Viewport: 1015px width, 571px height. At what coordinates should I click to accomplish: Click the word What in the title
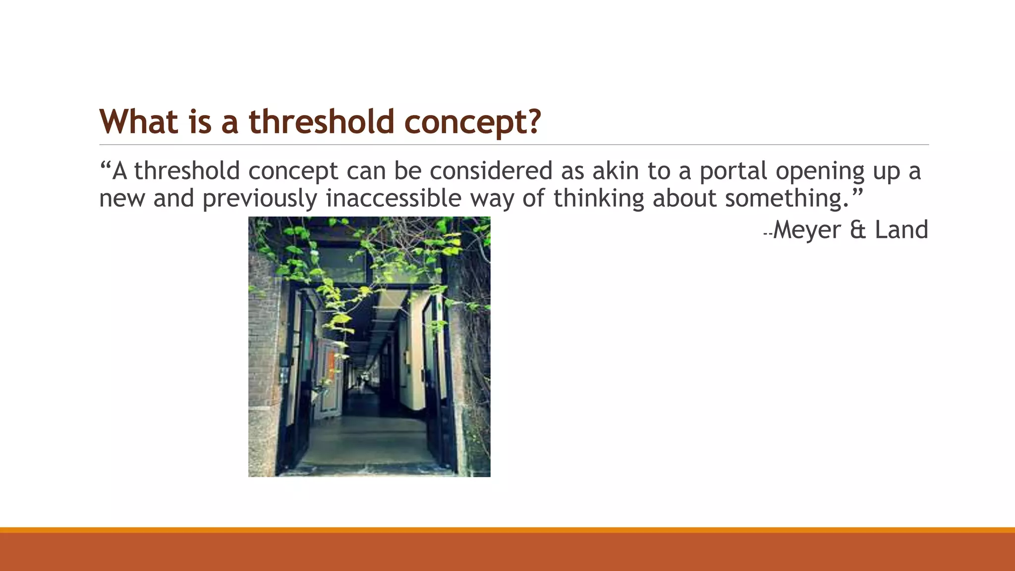click(x=138, y=121)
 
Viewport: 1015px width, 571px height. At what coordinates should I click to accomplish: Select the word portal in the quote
click(x=733, y=171)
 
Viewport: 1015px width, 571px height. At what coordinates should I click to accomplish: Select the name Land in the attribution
click(x=901, y=230)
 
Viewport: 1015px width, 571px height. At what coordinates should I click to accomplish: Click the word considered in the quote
click(x=491, y=171)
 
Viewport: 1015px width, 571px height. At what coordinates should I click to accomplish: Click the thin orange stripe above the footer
click(x=507, y=530)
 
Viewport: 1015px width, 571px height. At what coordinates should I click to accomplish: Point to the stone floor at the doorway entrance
click(x=367, y=446)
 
